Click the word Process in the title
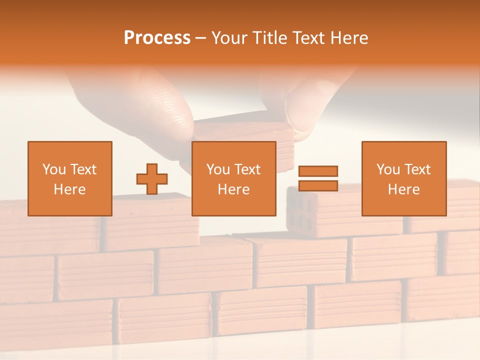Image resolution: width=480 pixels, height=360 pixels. pos(157,38)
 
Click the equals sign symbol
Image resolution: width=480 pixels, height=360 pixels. pos(318,178)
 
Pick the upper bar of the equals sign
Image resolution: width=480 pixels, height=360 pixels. pos(318,171)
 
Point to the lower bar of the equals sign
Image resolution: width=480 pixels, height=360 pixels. pos(318,185)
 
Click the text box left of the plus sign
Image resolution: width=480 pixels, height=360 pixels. pos(70,178)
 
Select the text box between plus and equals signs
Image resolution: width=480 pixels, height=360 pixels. pos(234,178)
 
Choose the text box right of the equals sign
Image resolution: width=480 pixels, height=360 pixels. pos(404,178)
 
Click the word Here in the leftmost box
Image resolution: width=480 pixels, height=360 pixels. pos(70,189)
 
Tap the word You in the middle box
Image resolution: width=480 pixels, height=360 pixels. pos(218,169)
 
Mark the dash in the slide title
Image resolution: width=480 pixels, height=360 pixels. pos(201,38)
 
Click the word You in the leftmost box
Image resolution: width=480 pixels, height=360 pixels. pos(54,169)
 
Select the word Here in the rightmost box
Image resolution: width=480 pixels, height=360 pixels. pos(404,189)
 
